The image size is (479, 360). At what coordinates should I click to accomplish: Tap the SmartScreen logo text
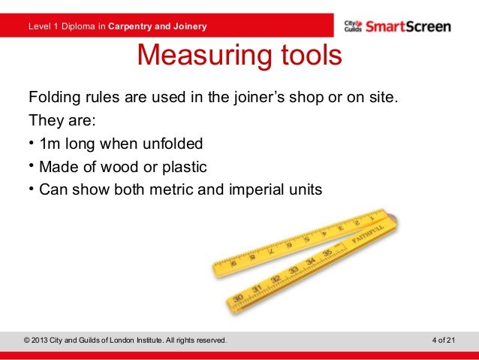tap(408, 27)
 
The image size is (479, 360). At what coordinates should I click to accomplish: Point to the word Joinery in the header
tap(188, 28)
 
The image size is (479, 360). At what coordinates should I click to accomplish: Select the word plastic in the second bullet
tap(181, 166)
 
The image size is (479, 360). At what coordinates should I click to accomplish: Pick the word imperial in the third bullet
tap(254, 189)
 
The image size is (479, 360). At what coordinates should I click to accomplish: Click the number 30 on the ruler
tap(237, 298)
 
